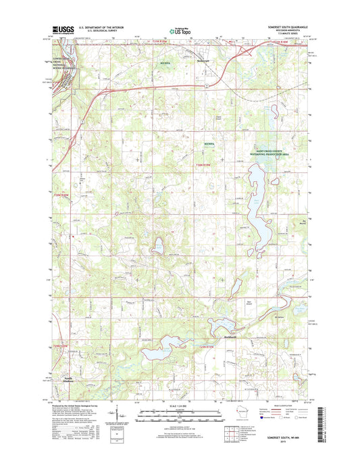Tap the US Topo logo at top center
[178, 30]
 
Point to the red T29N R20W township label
[60, 345]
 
